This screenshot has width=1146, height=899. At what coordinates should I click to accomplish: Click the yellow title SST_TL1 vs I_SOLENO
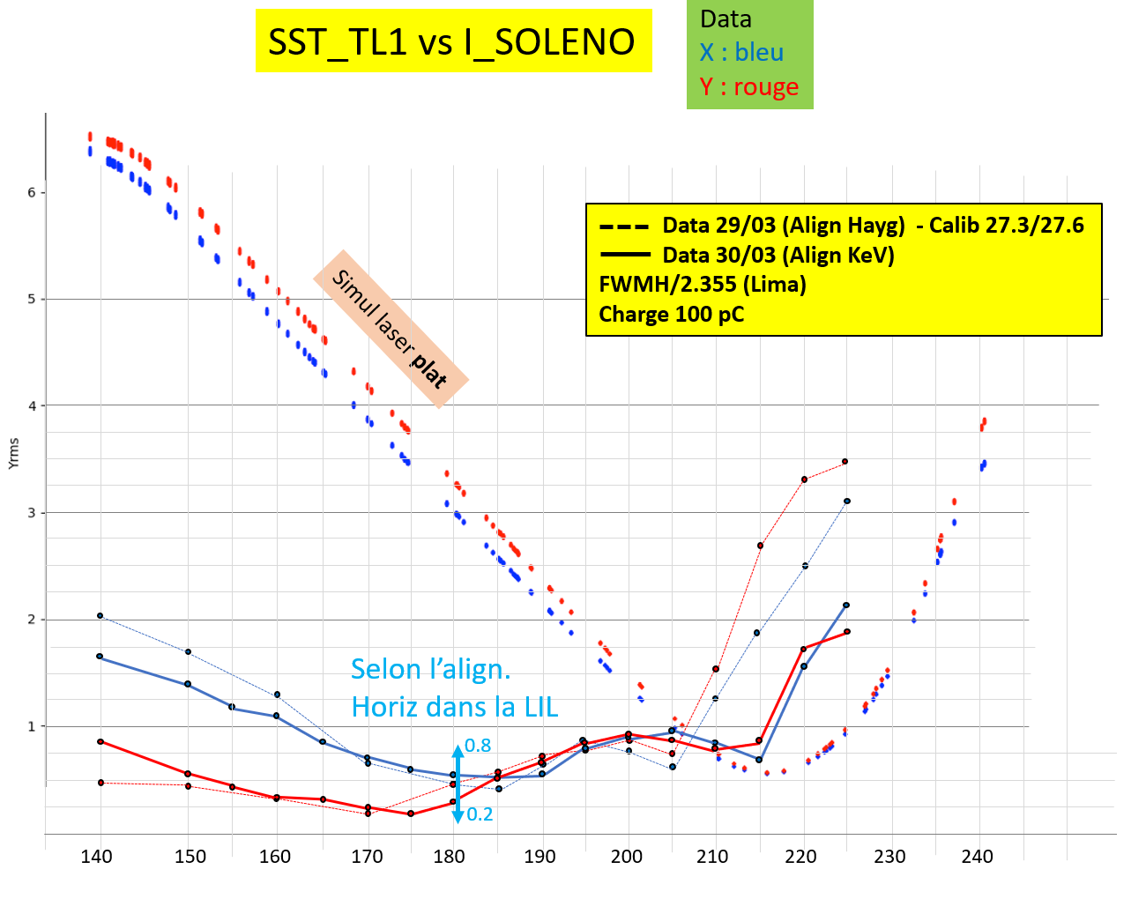[452, 41]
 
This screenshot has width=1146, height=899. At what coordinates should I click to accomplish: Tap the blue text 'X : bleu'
[741, 53]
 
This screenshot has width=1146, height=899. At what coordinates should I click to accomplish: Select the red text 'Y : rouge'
[749, 87]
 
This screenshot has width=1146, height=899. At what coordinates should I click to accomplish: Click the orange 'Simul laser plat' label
[391, 329]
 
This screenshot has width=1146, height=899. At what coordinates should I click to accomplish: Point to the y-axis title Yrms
[13, 453]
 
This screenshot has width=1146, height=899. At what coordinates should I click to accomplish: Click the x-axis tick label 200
[627, 857]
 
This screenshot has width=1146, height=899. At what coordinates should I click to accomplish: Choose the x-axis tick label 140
[97, 857]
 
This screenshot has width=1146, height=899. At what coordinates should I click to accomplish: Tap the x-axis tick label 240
[977, 857]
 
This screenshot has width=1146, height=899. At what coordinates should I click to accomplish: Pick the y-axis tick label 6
[32, 193]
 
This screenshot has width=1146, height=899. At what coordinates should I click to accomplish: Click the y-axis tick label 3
[32, 513]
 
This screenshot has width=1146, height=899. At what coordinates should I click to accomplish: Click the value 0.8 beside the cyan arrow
[478, 747]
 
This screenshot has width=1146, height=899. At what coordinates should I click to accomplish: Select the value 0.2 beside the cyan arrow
[480, 814]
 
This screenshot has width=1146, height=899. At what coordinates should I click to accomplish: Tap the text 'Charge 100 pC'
[671, 315]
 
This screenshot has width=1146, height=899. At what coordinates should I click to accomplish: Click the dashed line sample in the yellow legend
[624, 227]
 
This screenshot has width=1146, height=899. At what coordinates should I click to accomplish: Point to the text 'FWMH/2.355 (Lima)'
[703, 285]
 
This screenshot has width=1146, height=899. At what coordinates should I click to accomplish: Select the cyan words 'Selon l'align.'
[430, 669]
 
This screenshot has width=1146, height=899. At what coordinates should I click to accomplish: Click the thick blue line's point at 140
[100, 656]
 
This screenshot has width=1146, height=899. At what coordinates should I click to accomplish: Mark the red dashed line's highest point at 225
[845, 461]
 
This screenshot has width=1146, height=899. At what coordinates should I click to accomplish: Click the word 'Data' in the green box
[726, 19]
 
